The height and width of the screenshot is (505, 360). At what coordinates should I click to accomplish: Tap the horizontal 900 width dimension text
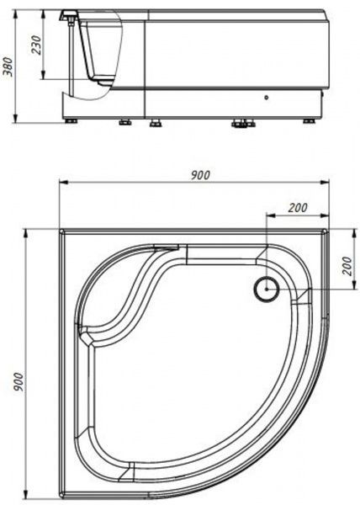coord(200,175)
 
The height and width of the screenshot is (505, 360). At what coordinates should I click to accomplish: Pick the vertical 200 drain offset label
coord(345,264)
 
